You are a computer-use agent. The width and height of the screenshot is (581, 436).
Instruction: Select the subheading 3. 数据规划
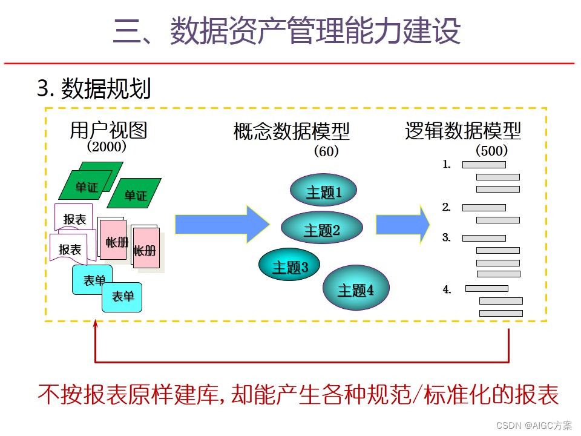(94, 90)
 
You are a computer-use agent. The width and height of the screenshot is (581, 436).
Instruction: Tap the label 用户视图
(108, 131)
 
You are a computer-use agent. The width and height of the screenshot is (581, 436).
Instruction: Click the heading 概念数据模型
(292, 131)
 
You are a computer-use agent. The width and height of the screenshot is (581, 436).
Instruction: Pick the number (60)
(326, 151)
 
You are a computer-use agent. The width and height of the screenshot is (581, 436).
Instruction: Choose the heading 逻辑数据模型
(463, 131)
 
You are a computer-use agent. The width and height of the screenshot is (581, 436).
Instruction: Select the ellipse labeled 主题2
(322, 229)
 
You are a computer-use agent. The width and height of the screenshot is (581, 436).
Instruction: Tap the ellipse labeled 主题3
(290, 266)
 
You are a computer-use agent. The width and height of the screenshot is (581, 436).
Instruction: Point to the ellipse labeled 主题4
(356, 289)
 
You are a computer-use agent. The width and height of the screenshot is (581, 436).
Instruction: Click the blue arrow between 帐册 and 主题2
(222, 224)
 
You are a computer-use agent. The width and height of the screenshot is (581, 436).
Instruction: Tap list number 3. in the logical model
(447, 238)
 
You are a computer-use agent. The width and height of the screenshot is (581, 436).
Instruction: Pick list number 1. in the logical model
(447, 164)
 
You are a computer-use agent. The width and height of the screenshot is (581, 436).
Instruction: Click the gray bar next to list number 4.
(487, 288)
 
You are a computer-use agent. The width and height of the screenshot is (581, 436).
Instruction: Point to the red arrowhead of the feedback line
(95, 326)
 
